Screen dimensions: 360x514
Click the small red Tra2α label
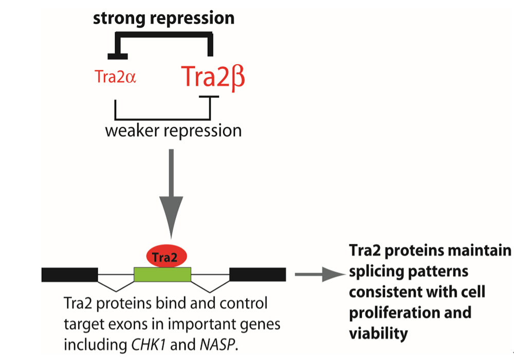pos(115,78)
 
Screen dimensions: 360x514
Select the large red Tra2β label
pos(213,78)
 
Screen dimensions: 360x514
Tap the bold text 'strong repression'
pos(163,18)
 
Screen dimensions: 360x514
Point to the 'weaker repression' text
pos(173,130)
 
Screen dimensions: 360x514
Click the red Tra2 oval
pos(167,257)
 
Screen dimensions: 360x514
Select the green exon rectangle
pos(162,275)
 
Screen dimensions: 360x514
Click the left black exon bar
pos(69,275)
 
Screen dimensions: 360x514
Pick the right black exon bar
pos(257,275)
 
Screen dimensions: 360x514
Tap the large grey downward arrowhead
pos(172,216)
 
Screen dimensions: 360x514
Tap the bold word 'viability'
pos(378,333)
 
